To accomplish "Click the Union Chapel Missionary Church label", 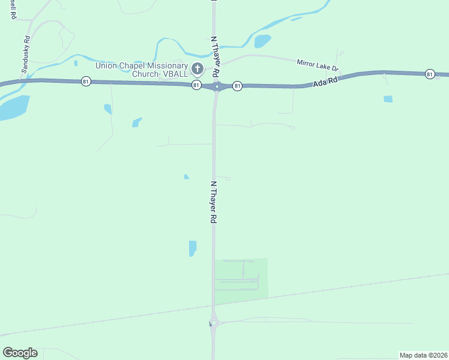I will click(x=141, y=69).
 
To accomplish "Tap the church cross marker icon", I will click(x=197, y=69).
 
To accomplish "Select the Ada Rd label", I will click(x=325, y=82).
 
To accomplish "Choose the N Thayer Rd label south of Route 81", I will click(x=213, y=202).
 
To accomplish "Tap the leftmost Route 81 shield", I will click(x=86, y=81).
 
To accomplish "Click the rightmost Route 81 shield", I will click(x=429, y=74).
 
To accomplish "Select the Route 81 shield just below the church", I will click(x=196, y=86).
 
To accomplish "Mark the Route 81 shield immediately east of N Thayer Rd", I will click(x=237, y=86).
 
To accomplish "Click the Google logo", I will click(x=20, y=353).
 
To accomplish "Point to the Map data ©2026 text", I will click(x=424, y=355).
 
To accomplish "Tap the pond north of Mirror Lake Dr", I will click(x=262, y=41).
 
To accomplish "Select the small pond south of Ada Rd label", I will click(x=388, y=99).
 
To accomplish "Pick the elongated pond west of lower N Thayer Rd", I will click(x=192, y=248).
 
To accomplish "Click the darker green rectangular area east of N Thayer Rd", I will click(x=241, y=277).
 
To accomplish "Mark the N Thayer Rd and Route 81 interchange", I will click(x=217, y=86).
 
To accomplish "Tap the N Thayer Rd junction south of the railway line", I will click(x=213, y=323).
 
